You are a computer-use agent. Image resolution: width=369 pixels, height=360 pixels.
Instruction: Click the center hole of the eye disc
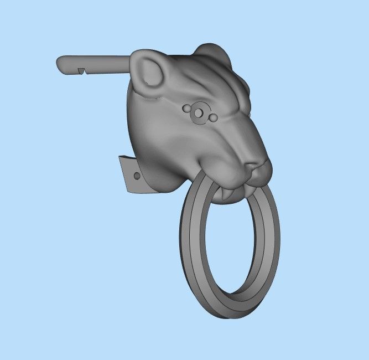tap(198, 112)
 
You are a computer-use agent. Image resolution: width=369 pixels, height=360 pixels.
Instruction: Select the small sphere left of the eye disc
tap(186, 107)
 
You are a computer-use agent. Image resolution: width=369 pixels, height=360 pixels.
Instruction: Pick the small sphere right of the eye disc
tap(212, 117)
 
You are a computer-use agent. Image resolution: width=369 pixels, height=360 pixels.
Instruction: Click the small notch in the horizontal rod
tap(81, 70)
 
